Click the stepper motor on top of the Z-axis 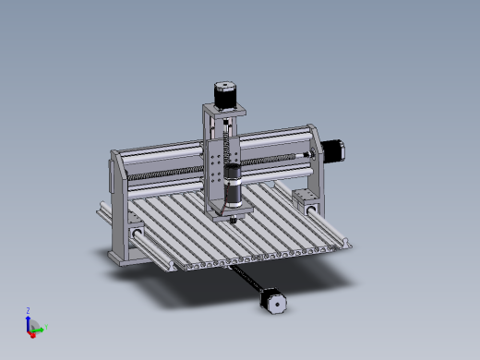(x=225, y=93)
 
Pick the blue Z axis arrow (x=29, y=318)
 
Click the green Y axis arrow (x=40, y=326)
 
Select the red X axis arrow (x=32, y=333)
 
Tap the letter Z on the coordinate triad (x=29, y=311)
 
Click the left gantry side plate (x=119, y=208)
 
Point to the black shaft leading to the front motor (x=246, y=279)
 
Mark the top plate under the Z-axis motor (x=224, y=110)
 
